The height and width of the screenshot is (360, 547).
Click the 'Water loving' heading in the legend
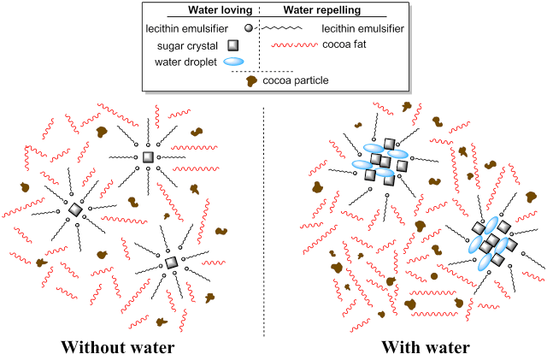(x=221, y=10)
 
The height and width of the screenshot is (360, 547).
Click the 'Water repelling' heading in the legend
(x=322, y=10)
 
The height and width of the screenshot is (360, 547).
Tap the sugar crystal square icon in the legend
(x=233, y=45)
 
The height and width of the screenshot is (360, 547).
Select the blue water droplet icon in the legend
(x=233, y=62)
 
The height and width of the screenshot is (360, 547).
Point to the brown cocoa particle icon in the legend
(x=251, y=81)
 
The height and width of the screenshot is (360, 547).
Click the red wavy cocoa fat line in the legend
(x=294, y=44)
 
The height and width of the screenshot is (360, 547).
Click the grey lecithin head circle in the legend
(x=249, y=28)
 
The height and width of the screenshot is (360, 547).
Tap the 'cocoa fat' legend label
(x=344, y=44)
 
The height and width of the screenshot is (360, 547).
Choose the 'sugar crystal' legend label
(x=187, y=46)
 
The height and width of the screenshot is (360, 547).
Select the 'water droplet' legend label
(x=186, y=62)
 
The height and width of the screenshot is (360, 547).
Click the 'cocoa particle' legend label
(x=296, y=80)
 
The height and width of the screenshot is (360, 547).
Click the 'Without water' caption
(x=118, y=347)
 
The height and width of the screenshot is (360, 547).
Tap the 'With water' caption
(x=426, y=347)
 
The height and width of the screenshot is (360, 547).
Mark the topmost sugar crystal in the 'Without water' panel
(x=148, y=157)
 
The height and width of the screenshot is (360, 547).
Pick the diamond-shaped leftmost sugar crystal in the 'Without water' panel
(x=75, y=210)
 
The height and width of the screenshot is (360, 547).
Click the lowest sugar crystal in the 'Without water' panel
(x=171, y=263)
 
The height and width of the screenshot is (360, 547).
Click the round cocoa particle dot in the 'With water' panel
(x=434, y=276)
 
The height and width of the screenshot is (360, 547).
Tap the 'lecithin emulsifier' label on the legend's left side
(x=186, y=28)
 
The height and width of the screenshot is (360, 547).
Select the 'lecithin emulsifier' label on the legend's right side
(x=362, y=28)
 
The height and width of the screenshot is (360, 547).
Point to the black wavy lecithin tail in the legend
(x=281, y=28)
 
